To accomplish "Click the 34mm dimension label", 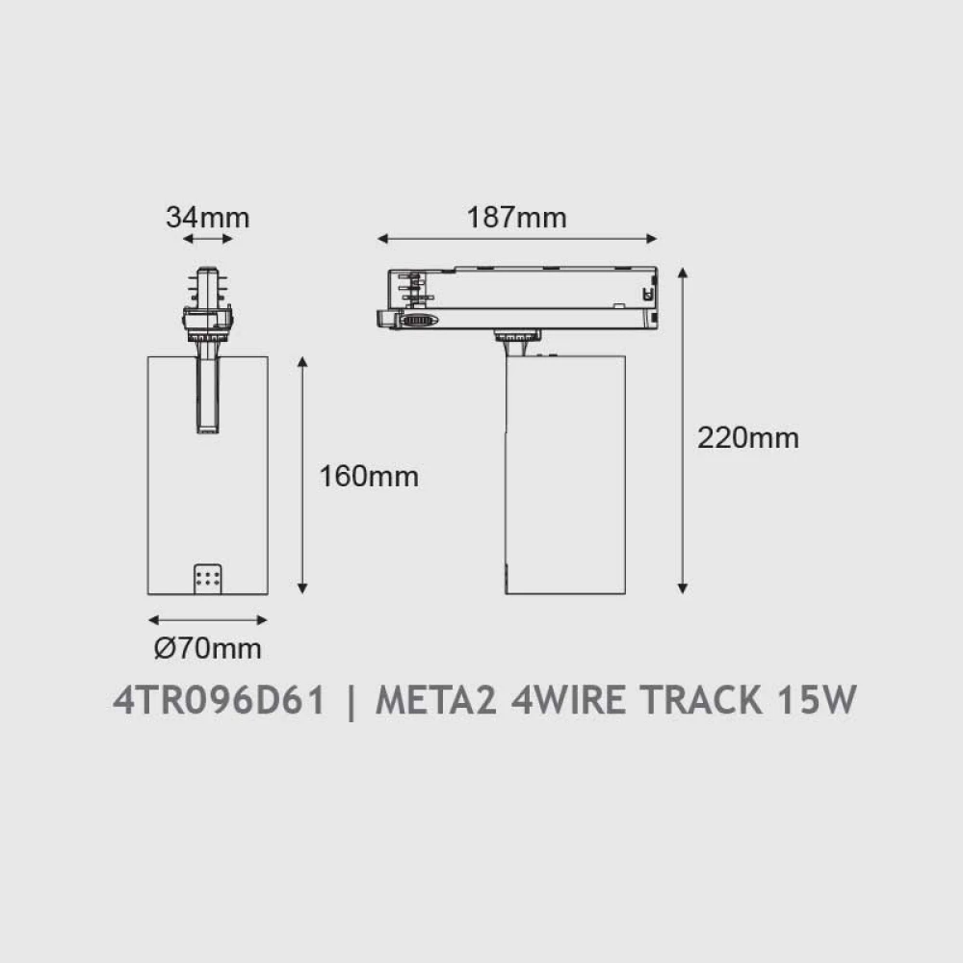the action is [208, 218].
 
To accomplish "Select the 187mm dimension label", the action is [516, 218].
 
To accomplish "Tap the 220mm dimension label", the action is [748, 438].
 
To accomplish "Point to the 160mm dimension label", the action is [369, 476].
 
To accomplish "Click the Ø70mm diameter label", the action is [208, 648].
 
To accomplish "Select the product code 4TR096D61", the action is [219, 700].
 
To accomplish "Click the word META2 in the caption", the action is [435, 700].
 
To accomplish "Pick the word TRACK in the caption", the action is [701, 700].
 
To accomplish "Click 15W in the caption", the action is [817, 700].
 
